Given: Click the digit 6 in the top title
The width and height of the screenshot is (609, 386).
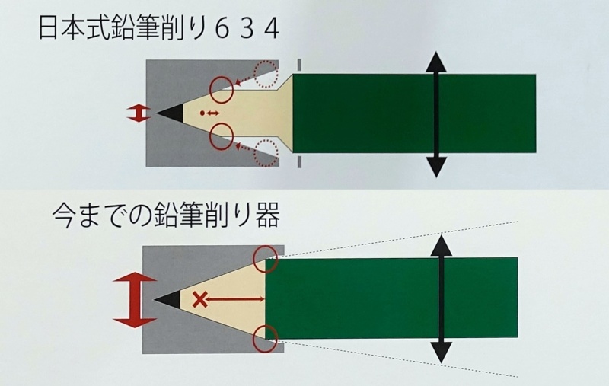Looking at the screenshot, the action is pos(221,30).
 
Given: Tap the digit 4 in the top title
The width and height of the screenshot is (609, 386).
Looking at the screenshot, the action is pos(271,30).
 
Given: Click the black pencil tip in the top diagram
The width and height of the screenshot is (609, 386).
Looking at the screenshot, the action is pos(170,113).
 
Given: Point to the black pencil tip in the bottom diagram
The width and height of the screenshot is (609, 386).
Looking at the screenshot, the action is pos(167,299).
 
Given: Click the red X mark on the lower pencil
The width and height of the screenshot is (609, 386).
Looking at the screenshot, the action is pos(199,299).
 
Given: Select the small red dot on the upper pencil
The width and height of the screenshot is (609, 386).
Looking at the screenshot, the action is pos(202,113).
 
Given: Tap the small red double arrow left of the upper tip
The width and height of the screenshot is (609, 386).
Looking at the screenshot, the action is pos(139,113).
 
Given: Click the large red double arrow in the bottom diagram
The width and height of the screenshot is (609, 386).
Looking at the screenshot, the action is pos(135,300).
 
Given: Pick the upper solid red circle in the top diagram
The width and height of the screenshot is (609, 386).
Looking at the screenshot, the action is pos(222,90).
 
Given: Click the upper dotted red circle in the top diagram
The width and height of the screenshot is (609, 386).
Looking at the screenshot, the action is pos(266,74).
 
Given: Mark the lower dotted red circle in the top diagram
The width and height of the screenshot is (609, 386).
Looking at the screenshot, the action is pos(266,153).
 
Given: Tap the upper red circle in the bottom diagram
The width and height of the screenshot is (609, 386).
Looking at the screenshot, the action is pos(265,260).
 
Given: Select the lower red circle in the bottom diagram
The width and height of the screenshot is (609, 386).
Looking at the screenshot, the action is pos(265,338).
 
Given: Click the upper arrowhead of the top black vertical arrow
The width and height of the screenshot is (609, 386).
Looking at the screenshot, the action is pos(436,62).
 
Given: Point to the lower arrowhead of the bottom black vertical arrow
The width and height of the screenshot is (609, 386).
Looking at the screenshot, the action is pos(442,353).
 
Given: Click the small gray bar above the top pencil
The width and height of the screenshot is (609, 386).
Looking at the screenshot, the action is pos(299,65).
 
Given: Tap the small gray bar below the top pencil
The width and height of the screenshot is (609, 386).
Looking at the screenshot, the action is pos(299,162).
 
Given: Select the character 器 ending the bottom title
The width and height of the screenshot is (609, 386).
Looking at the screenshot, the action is pos(267,215).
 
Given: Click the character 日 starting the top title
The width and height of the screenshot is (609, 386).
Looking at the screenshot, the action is pos(48,28).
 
